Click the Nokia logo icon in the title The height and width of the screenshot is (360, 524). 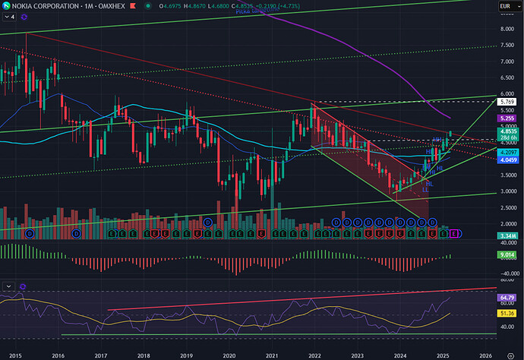(6, 8)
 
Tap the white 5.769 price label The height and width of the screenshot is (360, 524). (508, 102)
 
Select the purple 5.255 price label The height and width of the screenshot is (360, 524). (508, 118)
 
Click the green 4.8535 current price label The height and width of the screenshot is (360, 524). (508, 131)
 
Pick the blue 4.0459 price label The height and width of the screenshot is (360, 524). (508, 159)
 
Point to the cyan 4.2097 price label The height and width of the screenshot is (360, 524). (508, 152)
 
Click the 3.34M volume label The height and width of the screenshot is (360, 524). (508, 236)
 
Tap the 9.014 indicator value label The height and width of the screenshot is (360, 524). (508, 256)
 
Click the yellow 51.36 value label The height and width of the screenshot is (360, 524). (508, 313)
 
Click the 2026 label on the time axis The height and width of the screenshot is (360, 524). (484, 355)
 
